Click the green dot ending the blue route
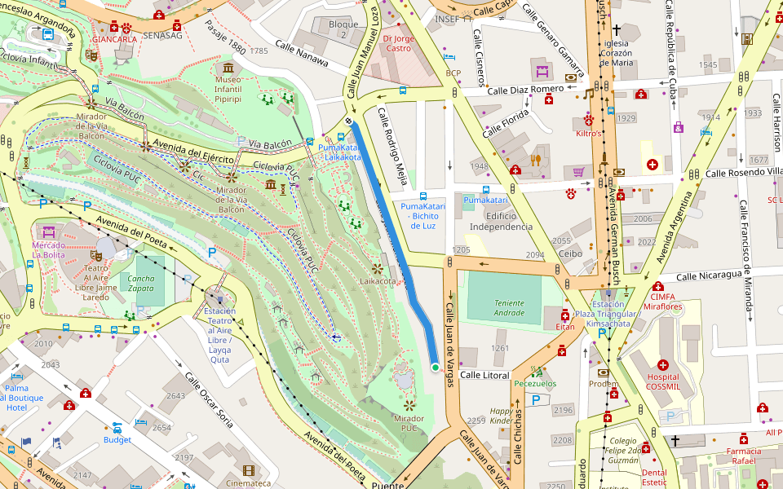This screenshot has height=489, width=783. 436,368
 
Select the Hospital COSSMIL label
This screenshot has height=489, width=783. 662,382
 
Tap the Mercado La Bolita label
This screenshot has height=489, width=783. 48,249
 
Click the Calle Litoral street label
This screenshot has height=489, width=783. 484,375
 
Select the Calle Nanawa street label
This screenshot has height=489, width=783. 302,54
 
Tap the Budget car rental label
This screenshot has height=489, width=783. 117,440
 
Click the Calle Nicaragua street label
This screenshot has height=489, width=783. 711,275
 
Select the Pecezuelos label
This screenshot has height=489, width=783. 535,383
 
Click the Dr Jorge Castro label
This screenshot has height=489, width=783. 398,42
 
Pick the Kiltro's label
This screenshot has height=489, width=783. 589,133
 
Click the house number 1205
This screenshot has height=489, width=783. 462,249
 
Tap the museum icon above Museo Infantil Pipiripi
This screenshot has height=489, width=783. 228,67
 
